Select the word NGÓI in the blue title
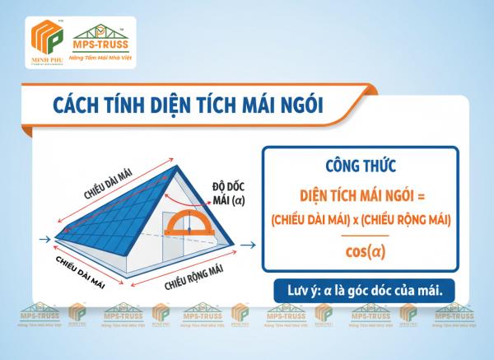tap(300, 105)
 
